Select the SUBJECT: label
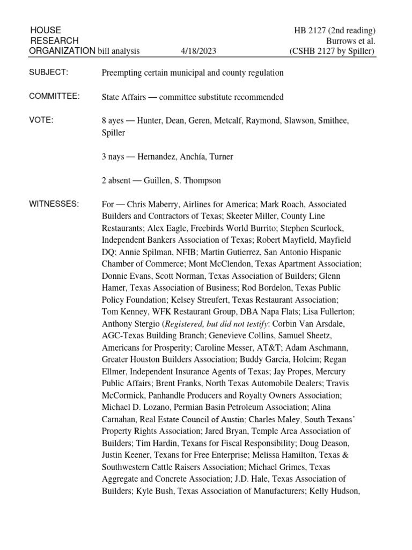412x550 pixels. click(x=49, y=73)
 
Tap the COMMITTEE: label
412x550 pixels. click(x=55, y=96)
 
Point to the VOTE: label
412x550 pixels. click(x=42, y=120)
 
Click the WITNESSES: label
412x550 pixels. click(x=54, y=204)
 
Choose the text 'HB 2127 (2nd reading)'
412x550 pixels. click(x=340, y=30)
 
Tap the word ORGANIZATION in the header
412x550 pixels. click(x=62, y=51)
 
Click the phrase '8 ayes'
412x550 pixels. click(x=114, y=121)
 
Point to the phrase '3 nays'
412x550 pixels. click(x=114, y=156)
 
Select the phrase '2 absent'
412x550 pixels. click(x=117, y=180)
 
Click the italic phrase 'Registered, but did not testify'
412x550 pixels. click(x=222, y=324)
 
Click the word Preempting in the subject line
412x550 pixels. click(x=121, y=73)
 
